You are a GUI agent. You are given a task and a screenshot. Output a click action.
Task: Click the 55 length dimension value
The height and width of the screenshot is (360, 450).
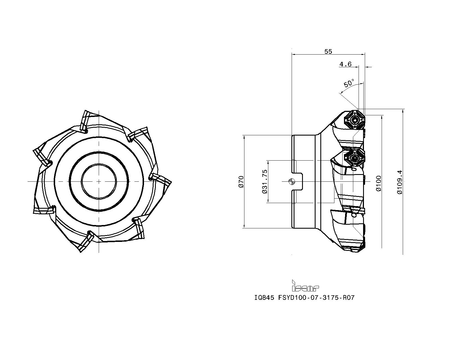(328, 51)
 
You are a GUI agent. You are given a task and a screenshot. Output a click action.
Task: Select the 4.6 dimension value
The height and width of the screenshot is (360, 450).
(345, 64)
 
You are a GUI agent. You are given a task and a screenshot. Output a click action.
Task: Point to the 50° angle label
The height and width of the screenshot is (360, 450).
(349, 84)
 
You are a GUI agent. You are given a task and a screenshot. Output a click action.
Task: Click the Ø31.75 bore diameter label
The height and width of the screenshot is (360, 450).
(264, 182)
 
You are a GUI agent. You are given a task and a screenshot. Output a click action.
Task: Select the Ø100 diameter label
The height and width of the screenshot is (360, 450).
(379, 183)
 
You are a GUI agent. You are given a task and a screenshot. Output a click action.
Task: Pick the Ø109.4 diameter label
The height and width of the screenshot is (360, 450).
(400, 182)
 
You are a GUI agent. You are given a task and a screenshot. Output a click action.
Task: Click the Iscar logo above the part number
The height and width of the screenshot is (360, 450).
(305, 286)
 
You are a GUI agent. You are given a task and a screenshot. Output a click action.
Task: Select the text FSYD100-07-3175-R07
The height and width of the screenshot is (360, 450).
(316, 298)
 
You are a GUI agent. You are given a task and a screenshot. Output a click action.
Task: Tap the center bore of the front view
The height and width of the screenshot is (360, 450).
(99, 181)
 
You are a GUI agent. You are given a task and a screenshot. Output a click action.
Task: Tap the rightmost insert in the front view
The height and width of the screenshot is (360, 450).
(161, 181)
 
